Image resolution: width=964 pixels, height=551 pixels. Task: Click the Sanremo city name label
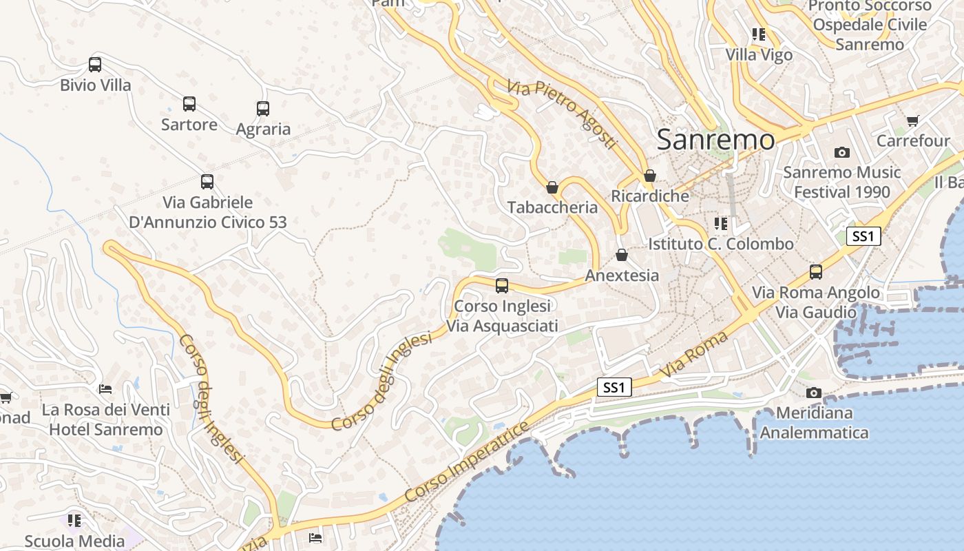click(x=715, y=140)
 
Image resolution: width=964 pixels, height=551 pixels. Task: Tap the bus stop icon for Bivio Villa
click(x=95, y=65)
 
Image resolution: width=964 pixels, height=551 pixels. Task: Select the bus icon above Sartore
click(x=189, y=104)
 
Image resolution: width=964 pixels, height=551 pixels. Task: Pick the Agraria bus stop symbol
click(x=263, y=108)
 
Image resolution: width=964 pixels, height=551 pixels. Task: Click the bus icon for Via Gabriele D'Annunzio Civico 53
click(x=207, y=182)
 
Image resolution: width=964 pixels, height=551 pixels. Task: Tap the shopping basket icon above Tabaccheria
click(x=552, y=187)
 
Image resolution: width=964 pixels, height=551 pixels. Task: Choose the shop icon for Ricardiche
click(x=649, y=176)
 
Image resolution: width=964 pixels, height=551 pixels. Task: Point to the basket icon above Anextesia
click(x=622, y=256)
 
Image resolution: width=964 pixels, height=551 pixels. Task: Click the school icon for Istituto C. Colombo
click(x=721, y=223)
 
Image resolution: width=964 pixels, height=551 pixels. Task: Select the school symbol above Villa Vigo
click(x=759, y=34)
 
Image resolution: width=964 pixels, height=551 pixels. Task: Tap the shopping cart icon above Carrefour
click(x=913, y=121)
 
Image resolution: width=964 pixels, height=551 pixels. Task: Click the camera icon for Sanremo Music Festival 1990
click(x=841, y=152)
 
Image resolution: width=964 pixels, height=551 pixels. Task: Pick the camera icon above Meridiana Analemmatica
click(x=814, y=393)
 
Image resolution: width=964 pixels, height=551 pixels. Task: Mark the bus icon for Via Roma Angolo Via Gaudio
click(x=816, y=272)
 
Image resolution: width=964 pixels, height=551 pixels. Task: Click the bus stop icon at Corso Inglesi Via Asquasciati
click(x=502, y=286)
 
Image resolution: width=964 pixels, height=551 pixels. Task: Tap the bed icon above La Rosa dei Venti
click(x=105, y=389)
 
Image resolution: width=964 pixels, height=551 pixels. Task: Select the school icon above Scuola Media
click(x=74, y=520)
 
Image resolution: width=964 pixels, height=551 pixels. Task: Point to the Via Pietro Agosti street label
click(x=561, y=114)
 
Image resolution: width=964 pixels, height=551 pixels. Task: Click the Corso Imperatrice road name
click(x=468, y=461)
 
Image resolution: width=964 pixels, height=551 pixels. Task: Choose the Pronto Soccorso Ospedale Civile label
click(x=870, y=25)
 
